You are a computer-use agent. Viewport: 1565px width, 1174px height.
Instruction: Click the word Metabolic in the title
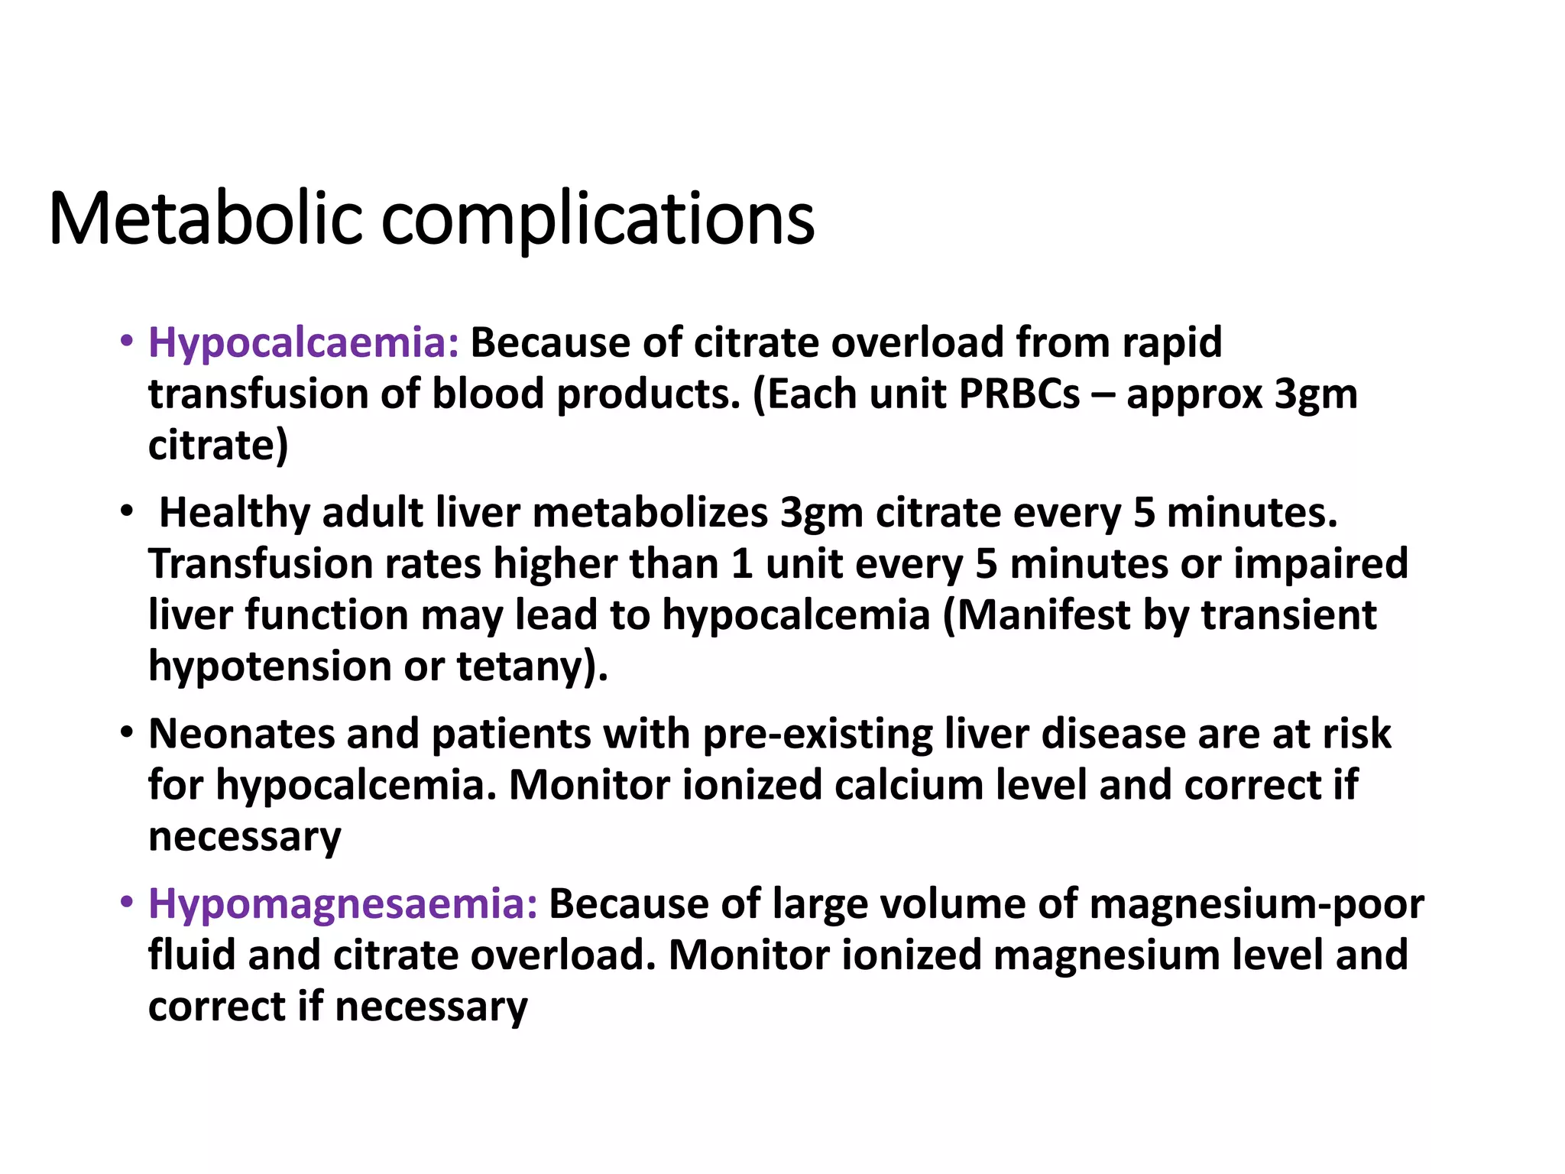(205, 219)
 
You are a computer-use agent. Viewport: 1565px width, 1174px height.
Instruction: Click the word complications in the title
(598, 220)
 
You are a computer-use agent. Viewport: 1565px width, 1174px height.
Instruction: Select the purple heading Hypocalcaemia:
(303, 342)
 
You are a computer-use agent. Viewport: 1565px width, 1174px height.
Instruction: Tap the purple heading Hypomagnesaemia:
(343, 903)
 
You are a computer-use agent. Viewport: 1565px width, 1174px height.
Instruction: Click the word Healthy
(234, 512)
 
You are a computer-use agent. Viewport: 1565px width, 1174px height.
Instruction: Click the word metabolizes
(650, 512)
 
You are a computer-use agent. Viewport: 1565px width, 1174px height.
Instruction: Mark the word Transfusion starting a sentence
(260, 564)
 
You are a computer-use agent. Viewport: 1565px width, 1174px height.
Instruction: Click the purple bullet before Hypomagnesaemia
(126, 902)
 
